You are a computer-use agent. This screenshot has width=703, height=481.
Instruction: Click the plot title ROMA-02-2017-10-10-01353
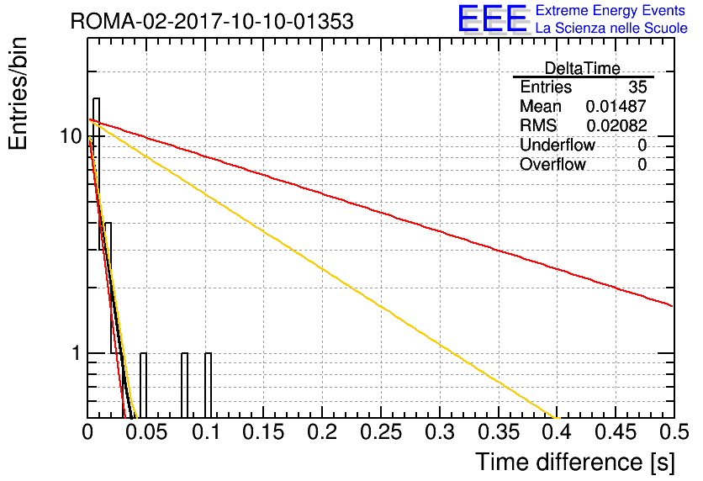(212, 21)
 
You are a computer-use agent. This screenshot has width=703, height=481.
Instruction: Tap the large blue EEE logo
(492, 18)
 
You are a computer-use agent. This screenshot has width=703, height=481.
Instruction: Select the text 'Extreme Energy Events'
(610, 10)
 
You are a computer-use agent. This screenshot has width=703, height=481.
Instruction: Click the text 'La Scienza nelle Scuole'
(611, 29)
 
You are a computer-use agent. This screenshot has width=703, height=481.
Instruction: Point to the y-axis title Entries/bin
(18, 93)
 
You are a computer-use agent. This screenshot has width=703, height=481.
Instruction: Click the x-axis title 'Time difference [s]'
(575, 462)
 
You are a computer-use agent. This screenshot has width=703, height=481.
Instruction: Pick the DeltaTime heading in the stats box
(582, 68)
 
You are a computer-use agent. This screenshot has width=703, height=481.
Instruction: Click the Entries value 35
(637, 87)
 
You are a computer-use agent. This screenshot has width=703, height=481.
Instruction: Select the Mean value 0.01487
(616, 106)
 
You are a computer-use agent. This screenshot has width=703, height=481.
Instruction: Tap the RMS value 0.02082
(616, 125)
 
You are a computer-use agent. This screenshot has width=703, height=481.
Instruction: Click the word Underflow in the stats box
(558, 145)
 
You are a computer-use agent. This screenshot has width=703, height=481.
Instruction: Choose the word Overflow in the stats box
(552, 164)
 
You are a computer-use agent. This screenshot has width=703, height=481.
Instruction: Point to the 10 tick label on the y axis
(71, 136)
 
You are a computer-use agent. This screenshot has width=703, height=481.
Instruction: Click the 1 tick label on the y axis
(77, 353)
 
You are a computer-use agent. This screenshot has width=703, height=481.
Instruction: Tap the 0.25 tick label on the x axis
(381, 432)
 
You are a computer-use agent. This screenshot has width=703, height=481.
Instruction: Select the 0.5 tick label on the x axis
(674, 432)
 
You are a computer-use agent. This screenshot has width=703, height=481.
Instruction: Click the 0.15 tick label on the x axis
(264, 432)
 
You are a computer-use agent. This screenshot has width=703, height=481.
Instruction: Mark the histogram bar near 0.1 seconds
(208, 385)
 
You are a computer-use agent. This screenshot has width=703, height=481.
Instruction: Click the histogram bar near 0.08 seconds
(185, 385)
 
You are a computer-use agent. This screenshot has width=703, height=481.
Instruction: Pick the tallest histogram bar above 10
(96, 258)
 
